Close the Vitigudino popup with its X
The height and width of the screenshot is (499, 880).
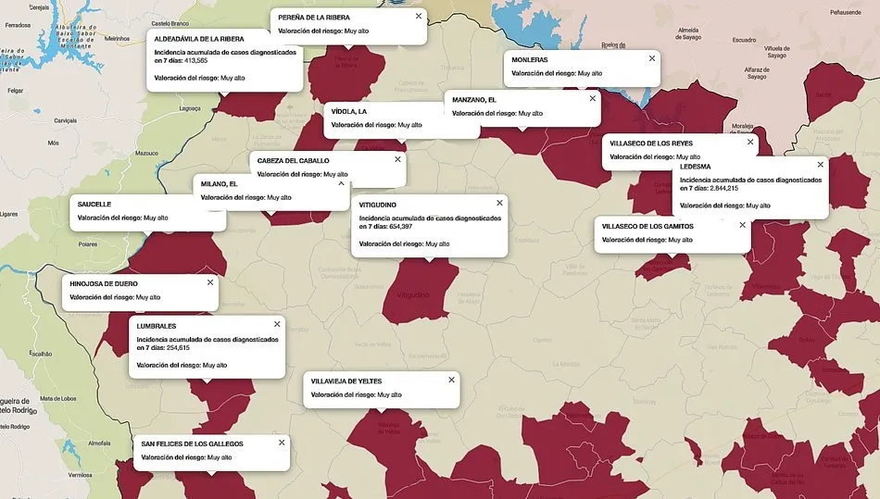tap(499, 203)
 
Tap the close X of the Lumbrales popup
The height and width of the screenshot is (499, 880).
tap(276, 324)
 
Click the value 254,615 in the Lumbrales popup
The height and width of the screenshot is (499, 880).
tap(171, 347)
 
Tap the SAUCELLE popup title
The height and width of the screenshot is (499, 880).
tap(94, 204)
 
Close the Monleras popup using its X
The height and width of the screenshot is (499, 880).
tap(651, 58)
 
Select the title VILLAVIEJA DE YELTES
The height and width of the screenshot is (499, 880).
tap(346, 380)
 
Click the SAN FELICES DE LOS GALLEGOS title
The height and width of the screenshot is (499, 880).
tap(201, 443)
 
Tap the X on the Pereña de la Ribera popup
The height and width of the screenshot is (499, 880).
tap(418, 16)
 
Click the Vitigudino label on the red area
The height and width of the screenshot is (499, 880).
tap(412, 295)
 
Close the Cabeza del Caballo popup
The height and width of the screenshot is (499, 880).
tap(397, 159)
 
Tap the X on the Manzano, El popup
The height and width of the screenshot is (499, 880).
tap(592, 98)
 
